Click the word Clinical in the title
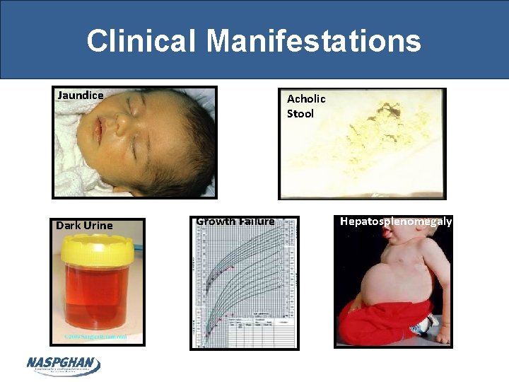(x=141, y=41)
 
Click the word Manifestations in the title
(x=314, y=41)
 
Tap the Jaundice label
(x=81, y=95)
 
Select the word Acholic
(x=306, y=99)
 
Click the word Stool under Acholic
(x=300, y=114)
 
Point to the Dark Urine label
(x=84, y=226)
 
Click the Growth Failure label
(x=235, y=221)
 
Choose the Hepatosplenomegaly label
(x=396, y=221)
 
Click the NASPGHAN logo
(x=63, y=364)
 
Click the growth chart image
(x=244, y=283)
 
